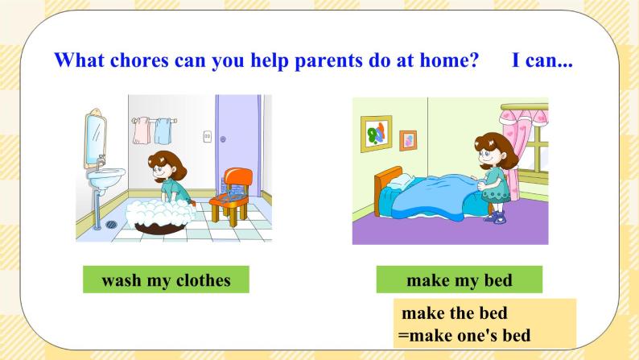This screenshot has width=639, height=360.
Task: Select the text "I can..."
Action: [x=542, y=61]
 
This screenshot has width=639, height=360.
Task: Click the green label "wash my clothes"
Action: [x=166, y=280]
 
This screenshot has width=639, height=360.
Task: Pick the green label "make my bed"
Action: [x=459, y=280]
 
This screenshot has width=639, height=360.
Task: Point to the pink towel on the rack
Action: [x=142, y=130]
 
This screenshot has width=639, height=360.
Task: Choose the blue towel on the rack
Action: [x=163, y=130]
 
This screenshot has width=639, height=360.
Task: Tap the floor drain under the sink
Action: [x=110, y=225]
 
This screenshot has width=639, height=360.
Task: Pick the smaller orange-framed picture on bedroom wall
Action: [x=408, y=140]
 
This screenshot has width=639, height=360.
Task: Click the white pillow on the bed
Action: [x=400, y=188]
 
